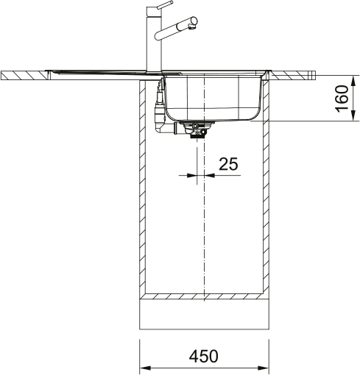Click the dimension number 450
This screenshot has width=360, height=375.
coord(203,356)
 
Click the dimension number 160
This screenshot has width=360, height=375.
coord(342,99)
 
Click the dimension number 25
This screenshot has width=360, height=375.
coord(228,164)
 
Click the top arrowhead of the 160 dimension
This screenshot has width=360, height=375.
coord(353,80)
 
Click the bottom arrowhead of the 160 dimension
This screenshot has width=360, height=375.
coord(353,115)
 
